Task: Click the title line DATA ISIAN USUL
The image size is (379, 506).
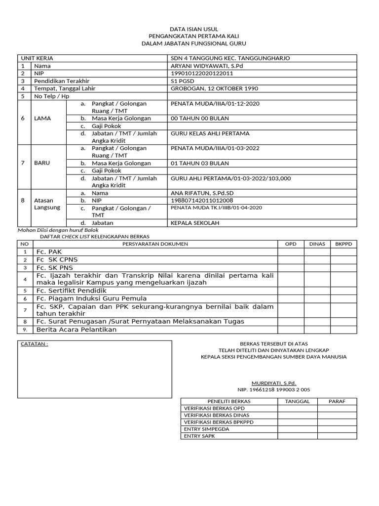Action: (x=189, y=29)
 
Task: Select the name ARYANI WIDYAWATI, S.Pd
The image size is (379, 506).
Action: (x=207, y=66)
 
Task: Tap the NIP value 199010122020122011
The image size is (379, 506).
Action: (x=201, y=73)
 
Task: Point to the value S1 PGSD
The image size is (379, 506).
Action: (x=183, y=81)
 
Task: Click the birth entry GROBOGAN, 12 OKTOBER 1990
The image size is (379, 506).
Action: (x=214, y=88)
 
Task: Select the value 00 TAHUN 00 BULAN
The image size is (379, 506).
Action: (x=199, y=119)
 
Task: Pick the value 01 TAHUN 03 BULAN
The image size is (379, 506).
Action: (x=199, y=163)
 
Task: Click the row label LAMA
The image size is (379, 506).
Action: (x=42, y=119)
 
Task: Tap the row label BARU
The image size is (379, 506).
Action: (x=42, y=163)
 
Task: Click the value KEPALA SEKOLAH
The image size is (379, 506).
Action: (x=194, y=223)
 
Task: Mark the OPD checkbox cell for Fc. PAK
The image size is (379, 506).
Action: (x=291, y=252)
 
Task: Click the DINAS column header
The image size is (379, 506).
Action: (x=317, y=244)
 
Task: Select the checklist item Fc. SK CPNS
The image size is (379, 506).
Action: (x=57, y=259)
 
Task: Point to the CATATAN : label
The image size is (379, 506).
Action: (x=35, y=344)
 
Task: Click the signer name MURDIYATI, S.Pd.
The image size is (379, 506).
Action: (x=274, y=383)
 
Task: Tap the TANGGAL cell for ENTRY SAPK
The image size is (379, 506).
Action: (x=297, y=436)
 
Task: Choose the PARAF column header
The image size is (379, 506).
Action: (x=338, y=401)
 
